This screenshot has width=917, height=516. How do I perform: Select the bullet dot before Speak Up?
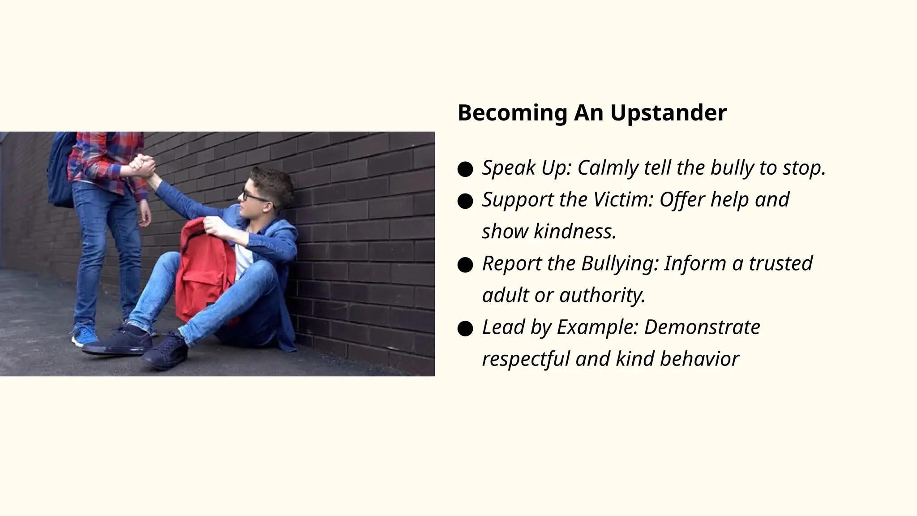465,169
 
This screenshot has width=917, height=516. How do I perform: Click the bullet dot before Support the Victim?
465,201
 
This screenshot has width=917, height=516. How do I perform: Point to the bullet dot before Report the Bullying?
465,265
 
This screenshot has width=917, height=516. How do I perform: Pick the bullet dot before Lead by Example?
465,329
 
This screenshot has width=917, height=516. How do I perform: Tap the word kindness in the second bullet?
575,232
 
